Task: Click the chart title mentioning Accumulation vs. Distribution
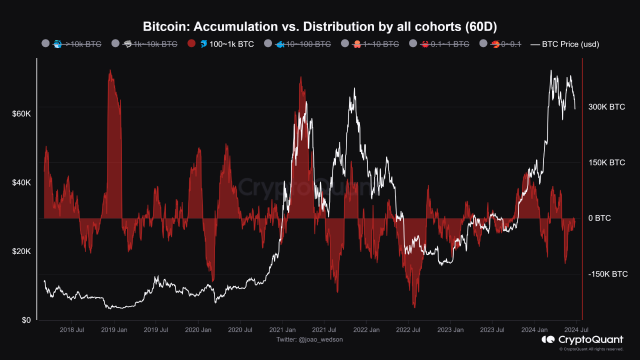click(319, 26)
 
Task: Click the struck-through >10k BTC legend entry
click(72, 44)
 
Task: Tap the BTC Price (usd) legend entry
click(565, 44)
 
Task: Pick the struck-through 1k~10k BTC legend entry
click(144, 44)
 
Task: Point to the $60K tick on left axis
click(21, 114)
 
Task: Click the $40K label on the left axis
click(21, 183)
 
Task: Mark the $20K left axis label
click(21, 251)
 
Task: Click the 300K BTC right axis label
click(606, 107)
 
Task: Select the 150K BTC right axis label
click(606, 162)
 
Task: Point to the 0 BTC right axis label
click(599, 218)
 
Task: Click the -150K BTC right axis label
click(607, 274)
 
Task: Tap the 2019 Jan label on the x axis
click(114, 330)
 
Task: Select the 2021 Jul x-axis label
click(323, 330)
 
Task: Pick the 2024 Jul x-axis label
click(576, 330)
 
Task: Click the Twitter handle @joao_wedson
click(309, 339)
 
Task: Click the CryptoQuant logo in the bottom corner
click(582, 340)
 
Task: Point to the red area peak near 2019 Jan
click(110, 71)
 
